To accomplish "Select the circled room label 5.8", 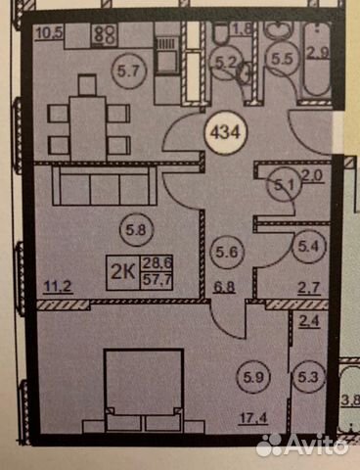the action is pos(135,231).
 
